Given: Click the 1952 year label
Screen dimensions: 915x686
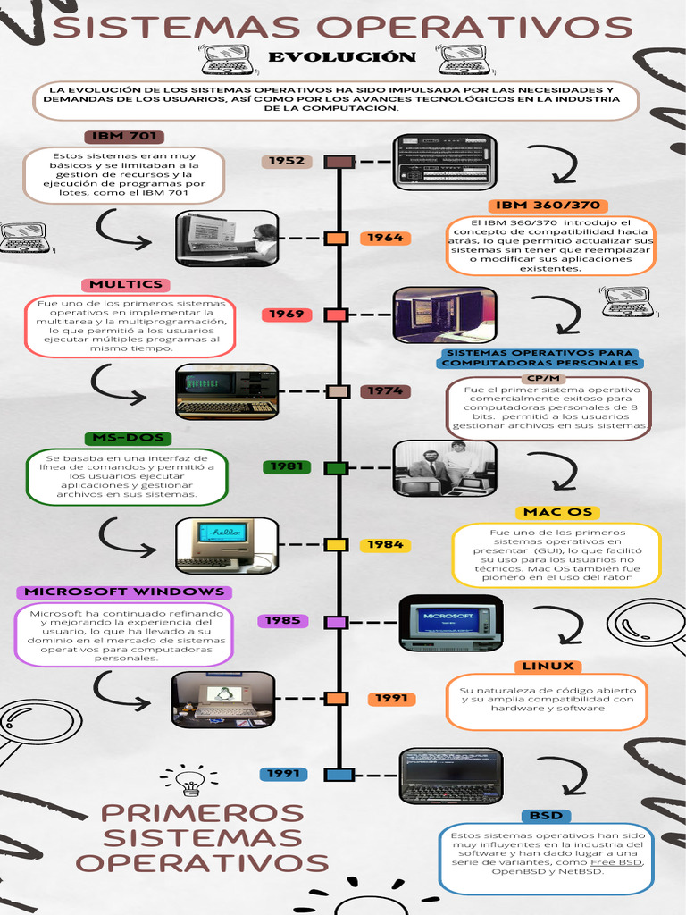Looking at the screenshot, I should (287, 161).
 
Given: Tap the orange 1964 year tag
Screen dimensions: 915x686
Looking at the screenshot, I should (386, 239).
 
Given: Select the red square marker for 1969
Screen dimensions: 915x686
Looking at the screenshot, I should (336, 315).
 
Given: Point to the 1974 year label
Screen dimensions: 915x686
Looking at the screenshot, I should (386, 391).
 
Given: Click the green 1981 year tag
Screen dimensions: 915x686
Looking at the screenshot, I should (287, 466).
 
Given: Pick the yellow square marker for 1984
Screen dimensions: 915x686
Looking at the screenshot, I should (336, 544).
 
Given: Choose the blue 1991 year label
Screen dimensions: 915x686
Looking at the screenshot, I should (283, 774).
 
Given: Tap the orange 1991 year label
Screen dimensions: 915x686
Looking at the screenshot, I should (390, 699).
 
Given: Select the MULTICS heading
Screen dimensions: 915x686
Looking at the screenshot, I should (126, 284).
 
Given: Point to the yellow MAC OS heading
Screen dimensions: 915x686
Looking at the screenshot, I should (557, 512).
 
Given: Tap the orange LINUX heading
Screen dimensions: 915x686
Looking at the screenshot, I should (548, 666).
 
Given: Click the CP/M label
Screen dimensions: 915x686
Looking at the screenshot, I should (544, 378).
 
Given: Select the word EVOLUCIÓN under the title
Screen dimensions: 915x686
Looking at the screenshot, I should (342, 58).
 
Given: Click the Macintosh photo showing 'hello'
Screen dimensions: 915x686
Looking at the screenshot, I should (227, 545).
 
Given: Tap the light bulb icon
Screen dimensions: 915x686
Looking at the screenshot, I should (190, 780).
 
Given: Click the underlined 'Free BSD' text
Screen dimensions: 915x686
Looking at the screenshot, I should (616, 862).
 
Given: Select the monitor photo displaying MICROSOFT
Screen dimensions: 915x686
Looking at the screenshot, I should (450, 622).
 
